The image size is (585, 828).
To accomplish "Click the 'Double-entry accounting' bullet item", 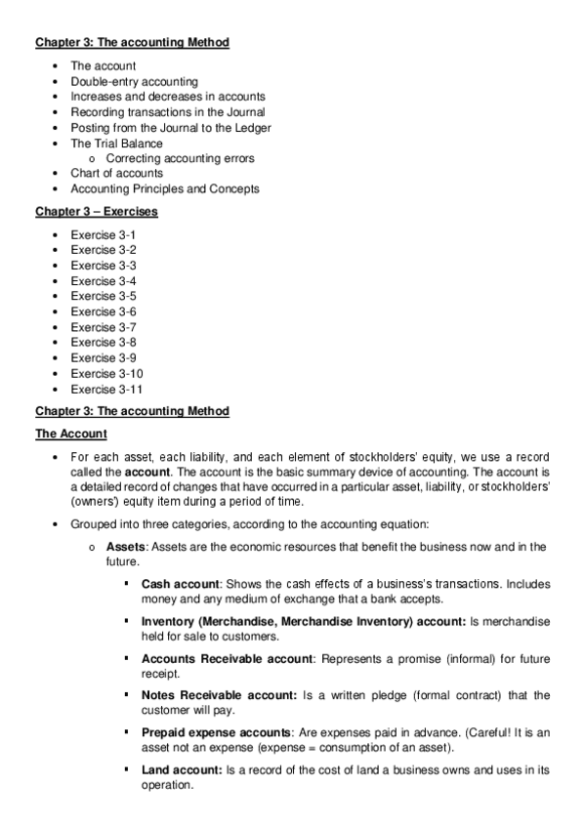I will tap(134, 81).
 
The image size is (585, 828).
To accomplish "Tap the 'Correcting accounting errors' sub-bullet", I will tap(181, 158).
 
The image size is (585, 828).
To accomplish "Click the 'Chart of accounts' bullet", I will tap(117, 173).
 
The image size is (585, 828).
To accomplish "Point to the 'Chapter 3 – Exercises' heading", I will tap(97, 212).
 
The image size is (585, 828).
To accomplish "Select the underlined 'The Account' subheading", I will tap(71, 434).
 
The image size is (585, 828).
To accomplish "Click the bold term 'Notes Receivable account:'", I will tap(219, 695).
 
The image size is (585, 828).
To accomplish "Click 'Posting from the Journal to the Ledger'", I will tap(171, 128).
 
